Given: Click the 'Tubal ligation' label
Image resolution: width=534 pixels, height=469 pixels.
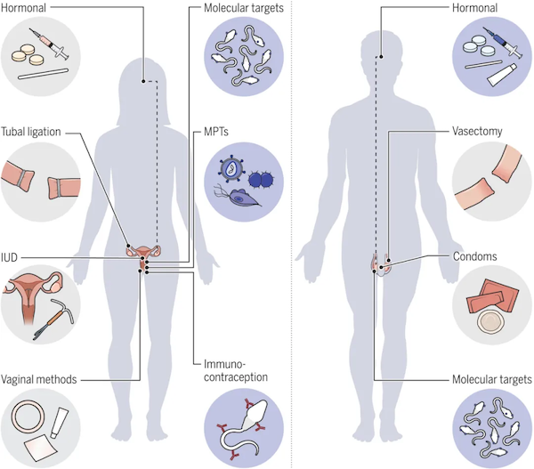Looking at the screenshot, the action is point(30,132).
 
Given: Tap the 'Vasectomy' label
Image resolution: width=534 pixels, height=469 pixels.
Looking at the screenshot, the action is point(477,131).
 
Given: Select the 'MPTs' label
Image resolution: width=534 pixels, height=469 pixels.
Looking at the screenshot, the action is point(216,132).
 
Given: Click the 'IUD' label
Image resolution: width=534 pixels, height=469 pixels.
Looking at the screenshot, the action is point(9,257).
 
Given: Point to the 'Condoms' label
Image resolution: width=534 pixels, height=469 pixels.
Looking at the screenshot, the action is point(474,256).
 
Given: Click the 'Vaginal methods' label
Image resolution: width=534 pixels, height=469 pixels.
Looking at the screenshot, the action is point(39,379).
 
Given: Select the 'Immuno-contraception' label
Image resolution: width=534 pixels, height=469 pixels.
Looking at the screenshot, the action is point(236,370).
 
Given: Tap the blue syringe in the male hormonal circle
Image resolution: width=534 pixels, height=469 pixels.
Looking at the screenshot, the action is point(502,43).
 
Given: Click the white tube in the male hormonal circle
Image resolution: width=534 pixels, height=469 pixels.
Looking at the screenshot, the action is point(502,75).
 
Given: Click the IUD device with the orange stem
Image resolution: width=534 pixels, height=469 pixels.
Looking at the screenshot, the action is point(53,319).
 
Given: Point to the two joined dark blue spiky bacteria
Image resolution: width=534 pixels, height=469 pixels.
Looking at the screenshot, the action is point(261,180).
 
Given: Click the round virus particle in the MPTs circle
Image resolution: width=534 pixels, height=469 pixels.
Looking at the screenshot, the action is point(232,169).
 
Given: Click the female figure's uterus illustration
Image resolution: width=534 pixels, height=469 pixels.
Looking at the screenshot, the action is point(143,255).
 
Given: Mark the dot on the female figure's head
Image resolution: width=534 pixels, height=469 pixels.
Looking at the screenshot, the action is point(143,81).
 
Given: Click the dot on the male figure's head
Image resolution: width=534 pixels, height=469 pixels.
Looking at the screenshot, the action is point(382,57).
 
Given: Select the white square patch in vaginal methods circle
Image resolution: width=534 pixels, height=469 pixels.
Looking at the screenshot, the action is point(41,448).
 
